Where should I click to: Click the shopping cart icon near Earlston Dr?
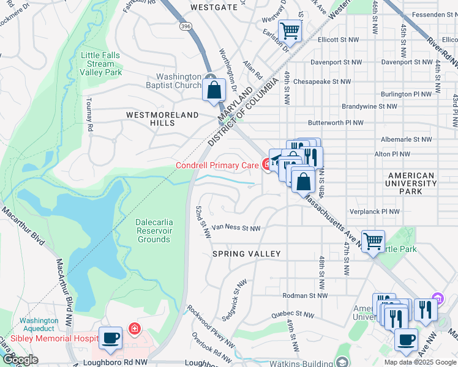(290, 30)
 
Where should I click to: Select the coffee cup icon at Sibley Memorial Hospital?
(110, 338)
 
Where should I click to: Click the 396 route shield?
(186, 26)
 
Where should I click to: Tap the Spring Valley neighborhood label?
(246, 253)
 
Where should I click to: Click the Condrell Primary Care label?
(217, 165)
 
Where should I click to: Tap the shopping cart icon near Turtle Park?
(373, 240)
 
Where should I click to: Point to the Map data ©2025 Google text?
(419, 362)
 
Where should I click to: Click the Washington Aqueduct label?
(39, 324)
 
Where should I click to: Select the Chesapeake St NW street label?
(322, 81)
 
